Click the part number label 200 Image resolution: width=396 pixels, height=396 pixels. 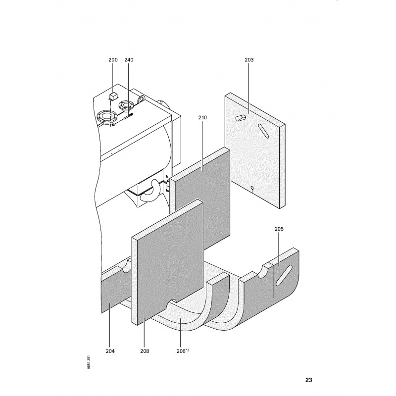coord(113,60)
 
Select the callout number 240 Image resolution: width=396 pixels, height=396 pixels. coord(129,60)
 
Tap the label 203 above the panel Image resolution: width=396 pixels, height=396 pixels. coord(249,60)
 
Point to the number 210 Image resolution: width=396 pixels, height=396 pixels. coord(202,117)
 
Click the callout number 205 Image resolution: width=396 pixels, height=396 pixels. coord(279,229)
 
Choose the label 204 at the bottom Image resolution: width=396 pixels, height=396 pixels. coord(110,351)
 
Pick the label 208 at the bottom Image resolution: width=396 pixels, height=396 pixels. coord(145,351)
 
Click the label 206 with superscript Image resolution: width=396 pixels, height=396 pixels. coord(183,351)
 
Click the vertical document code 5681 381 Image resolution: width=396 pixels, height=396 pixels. coord(89,362)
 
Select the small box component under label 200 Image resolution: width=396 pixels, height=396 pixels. coord(113,97)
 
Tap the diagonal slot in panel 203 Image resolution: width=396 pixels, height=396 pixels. coord(263,131)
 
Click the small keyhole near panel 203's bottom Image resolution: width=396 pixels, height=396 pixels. coord(252,189)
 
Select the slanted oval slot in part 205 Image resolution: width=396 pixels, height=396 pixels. coord(284,275)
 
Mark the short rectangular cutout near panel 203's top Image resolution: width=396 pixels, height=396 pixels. coord(241,117)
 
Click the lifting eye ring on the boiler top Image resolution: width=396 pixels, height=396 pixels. coord(141,99)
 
